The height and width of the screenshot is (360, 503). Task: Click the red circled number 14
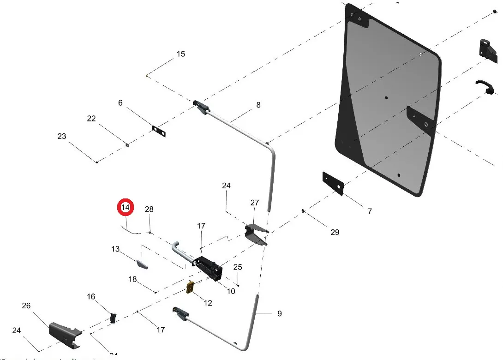pos(126,208)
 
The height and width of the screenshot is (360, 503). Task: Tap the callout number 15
pos(180,54)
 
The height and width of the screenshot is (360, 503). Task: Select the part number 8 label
pos(258,105)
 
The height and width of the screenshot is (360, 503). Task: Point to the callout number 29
pos(335,232)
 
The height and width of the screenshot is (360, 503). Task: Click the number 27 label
pos(255,203)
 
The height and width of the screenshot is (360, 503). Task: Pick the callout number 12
pos(208,303)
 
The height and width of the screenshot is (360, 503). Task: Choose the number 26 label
pos(26,306)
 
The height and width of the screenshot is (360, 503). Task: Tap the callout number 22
pos(91,119)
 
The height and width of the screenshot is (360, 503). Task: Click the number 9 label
pos(279,313)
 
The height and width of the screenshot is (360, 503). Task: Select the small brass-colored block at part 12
pos(190,287)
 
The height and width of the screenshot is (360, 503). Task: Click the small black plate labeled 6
pos(159,131)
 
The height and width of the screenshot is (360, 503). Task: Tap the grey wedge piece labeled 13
pos(141,264)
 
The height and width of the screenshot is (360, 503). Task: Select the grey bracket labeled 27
pos(255,234)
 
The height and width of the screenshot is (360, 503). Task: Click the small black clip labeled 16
pos(113,318)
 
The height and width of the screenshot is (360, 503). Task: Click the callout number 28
pos(149,209)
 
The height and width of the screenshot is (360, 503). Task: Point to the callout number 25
pos(238,267)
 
